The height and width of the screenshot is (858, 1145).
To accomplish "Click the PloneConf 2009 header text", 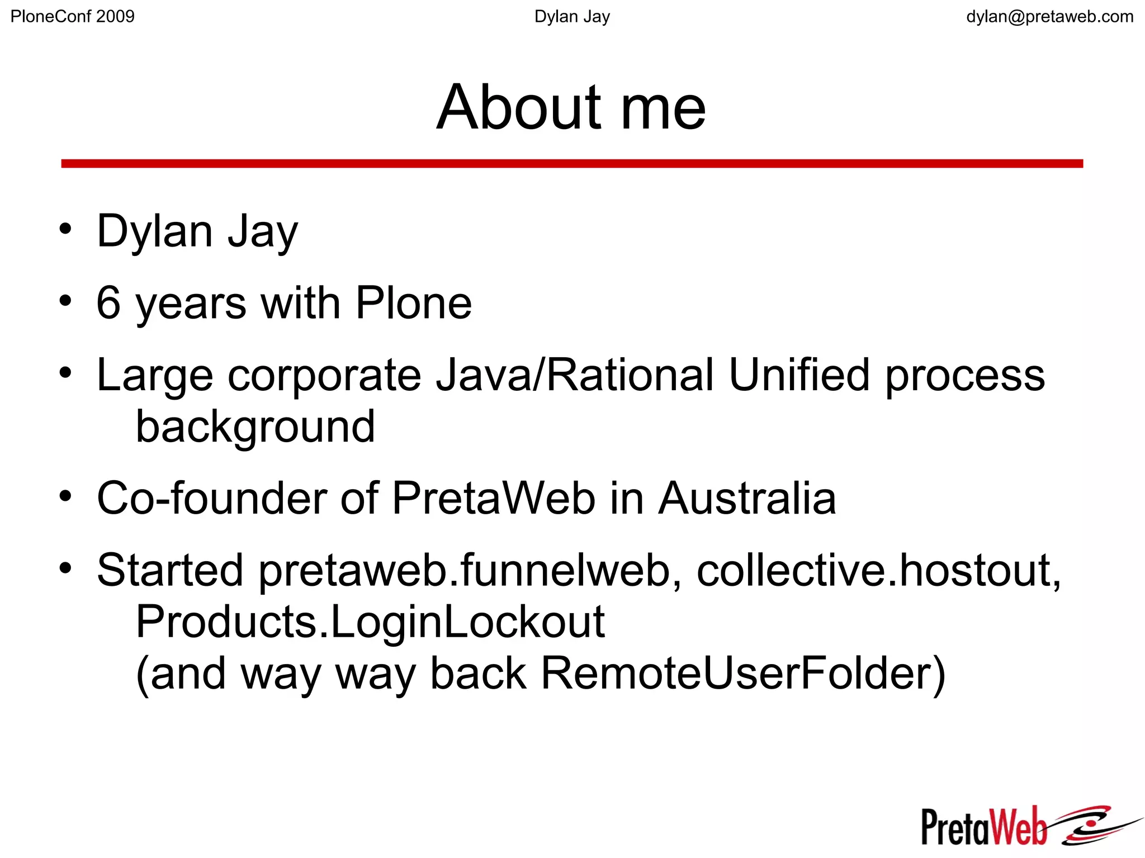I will pyautogui.click(x=73, y=17).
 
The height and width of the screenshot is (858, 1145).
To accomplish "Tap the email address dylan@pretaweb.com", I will pyautogui.click(x=1049, y=17).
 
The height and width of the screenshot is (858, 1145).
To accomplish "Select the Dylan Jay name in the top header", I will pyautogui.click(x=572, y=17).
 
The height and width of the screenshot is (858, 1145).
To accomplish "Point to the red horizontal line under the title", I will pyautogui.click(x=572, y=163).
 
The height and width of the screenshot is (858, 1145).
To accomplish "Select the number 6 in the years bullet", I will pyautogui.click(x=108, y=302).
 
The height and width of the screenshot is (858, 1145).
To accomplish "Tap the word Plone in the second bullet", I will pyautogui.click(x=414, y=302).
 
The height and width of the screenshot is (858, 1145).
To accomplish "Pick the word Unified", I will pyautogui.click(x=799, y=375).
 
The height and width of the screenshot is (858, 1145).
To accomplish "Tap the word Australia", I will pyautogui.click(x=747, y=498).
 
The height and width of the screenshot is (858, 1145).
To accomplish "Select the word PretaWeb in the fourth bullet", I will pyautogui.click(x=494, y=498).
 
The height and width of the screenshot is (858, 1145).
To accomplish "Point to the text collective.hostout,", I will pyautogui.click(x=878, y=570).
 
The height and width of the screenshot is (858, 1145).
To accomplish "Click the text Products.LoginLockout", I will pyautogui.click(x=370, y=622).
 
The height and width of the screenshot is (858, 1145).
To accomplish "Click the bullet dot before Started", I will pyautogui.click(x=66, y=568).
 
